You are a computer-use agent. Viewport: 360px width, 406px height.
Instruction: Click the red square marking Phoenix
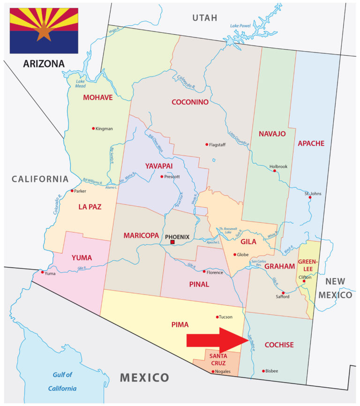(x=172, y=242)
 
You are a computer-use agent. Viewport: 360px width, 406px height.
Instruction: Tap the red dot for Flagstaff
(x=206, y=144)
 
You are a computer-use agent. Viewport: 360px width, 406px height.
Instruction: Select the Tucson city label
(x=225, y=317)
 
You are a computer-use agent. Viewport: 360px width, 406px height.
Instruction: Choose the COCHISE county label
(x=279, y=345)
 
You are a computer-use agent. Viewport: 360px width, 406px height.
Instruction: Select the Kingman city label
(x=104, y=129)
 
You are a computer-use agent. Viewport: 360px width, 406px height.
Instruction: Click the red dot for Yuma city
(x=43, y=272)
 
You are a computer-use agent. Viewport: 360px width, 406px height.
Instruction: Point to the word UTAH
(x=205, y=18)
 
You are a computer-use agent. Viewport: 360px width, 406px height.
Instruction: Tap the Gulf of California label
(x=62, y=381)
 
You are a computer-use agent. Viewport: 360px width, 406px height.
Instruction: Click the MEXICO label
(x=144, y=377)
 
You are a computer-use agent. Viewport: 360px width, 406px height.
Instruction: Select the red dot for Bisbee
(x=263, y=371)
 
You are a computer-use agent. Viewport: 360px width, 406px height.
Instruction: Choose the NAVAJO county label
(x=272, y=134)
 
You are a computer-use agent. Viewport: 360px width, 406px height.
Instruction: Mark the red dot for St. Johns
(x=310, y=197)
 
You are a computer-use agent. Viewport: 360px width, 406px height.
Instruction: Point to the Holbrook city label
(x=278, y=166)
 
